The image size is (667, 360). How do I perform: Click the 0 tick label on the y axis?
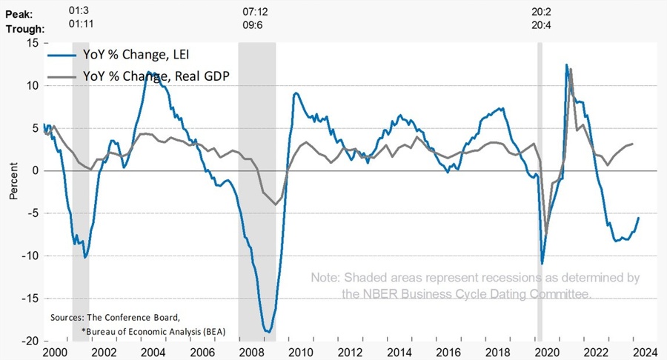coord(34,170)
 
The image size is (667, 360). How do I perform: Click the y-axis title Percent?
coord(13,181)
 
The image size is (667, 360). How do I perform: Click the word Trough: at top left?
coord(23,29)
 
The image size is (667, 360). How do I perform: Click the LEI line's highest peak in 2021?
coord(566,65)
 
